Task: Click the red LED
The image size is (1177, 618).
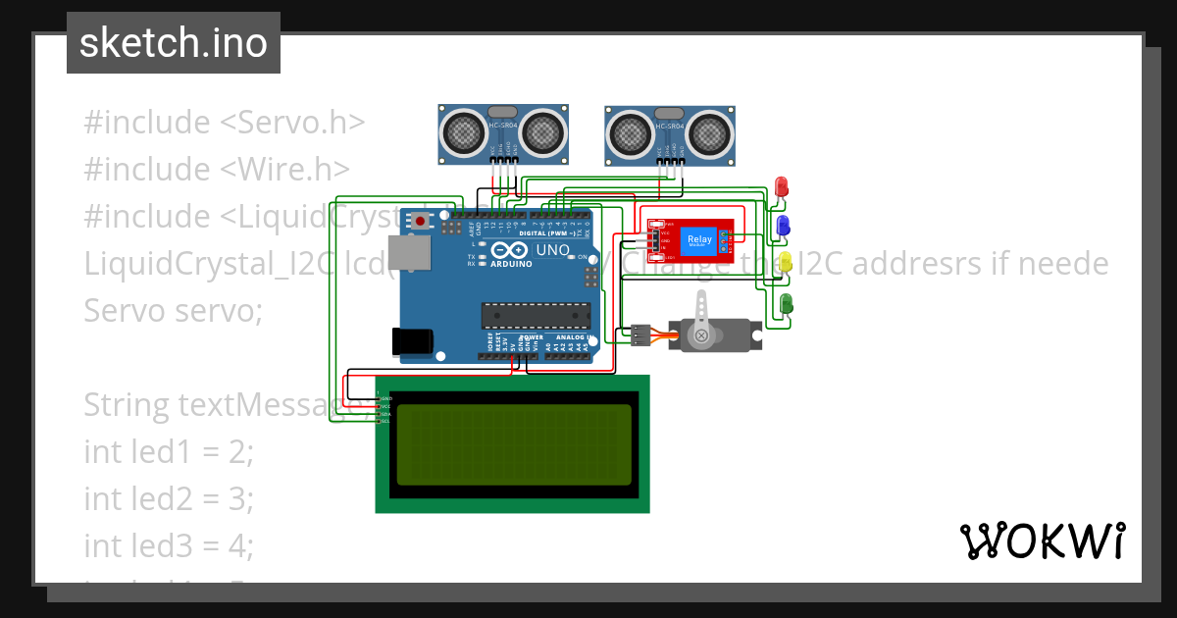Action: (782, 185)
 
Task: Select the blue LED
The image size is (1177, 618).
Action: (783, 227)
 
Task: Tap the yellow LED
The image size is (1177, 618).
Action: (785, 262)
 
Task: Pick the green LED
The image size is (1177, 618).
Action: (786, 303)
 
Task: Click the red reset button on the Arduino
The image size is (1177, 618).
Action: (421, 222)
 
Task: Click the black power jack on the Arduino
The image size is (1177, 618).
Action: (411, 340)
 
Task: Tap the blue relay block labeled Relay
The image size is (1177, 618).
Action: (700, 240)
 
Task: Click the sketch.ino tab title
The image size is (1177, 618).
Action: (174, 43)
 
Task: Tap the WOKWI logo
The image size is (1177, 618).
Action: (1042, 541)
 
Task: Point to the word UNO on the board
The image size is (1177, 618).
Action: (554, 250)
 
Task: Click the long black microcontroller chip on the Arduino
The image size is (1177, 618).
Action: (536, 315)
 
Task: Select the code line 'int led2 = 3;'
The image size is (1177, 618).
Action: (169, 498)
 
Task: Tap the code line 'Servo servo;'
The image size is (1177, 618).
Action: (174, 310)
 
